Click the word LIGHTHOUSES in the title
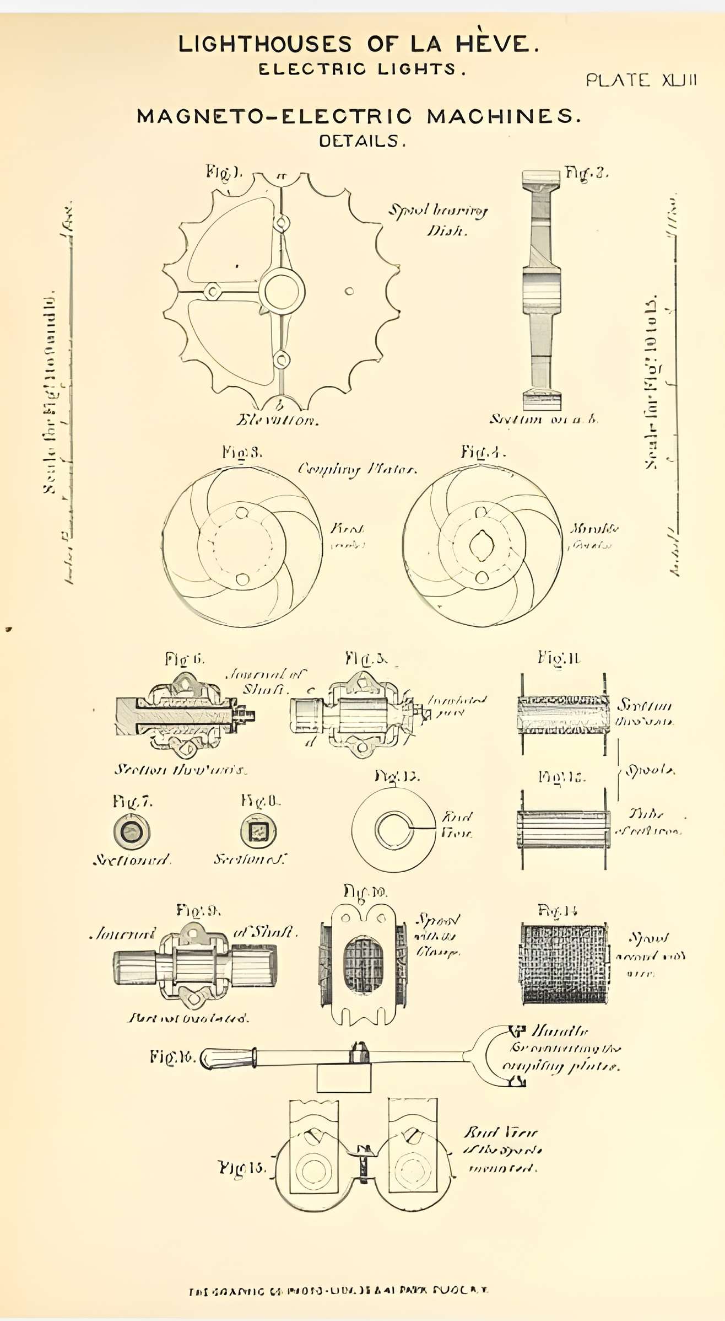264,44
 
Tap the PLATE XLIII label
641,80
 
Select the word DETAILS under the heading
362,141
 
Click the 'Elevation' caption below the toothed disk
278,420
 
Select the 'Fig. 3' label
242,453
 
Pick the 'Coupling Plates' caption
357,469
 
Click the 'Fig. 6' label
185,659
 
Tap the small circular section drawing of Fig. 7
132,831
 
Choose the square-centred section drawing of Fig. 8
258,830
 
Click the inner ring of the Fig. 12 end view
391,829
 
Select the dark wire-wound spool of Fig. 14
565,964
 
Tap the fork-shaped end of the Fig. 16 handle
499,1056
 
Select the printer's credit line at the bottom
338,1290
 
